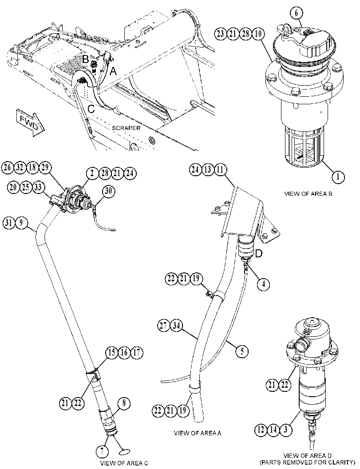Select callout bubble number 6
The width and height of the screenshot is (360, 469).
[x=297, y=12]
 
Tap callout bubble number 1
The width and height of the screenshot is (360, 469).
[x=338, y=177]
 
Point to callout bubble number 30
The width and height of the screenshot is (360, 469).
[x=108, y=191]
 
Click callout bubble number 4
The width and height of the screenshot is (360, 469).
[x=263, y=284]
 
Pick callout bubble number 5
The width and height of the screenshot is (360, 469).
[x=242, y=351]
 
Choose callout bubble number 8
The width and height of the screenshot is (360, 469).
[x=124, y=404]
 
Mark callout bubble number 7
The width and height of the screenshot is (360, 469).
[x=103, y=452]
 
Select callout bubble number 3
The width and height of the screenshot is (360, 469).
[x=286, y=430]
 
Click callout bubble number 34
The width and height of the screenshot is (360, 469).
[x=177, y=326]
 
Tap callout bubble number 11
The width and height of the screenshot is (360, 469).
[x=220, y=170]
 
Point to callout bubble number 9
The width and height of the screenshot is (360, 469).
[x=22, y=223]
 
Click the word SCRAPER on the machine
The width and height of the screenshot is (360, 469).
[x=126, y=128]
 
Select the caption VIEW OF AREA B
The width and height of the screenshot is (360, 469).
[x=308, y=193]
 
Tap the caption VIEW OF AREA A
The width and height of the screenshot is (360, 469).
[x=197, y=433]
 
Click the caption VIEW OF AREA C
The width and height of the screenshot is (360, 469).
[x=124, y=463]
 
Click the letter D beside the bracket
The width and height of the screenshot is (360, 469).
[x=258, y=254]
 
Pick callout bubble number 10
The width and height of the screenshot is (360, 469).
[x=258, y=34]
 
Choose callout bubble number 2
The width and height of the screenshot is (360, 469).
[x=92, y=173]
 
